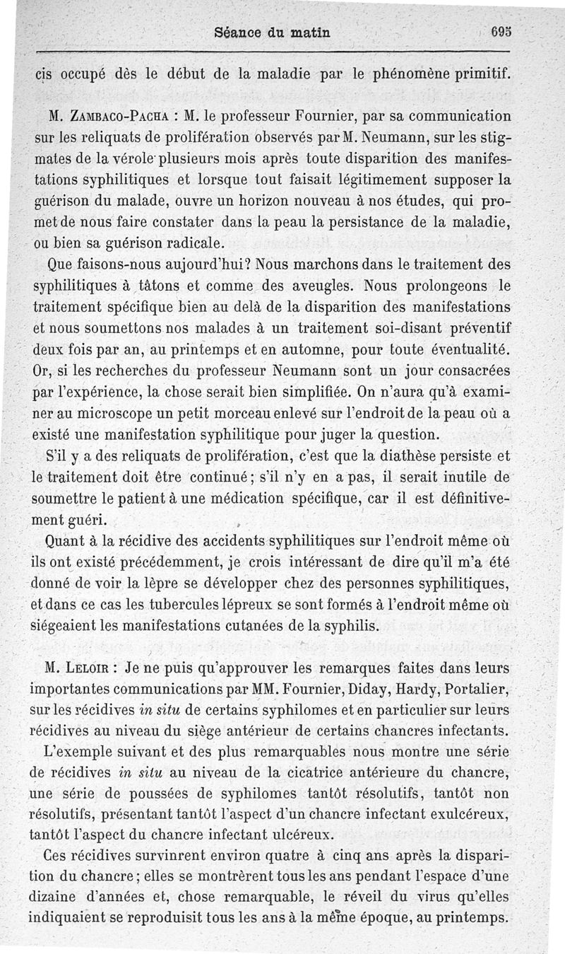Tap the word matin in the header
click(309, 31)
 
